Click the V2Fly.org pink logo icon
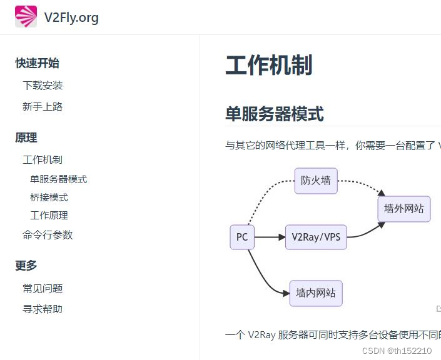click(x=26, y=17)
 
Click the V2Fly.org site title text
click(x=71, y=17)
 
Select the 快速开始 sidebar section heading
click(x=38, y=63)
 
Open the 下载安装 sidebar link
click(x=43, y=86)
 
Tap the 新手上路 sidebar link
click(x=43, y=107)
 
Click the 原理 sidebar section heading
click(x=26, y=137)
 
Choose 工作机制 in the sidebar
click(x=43, y=160)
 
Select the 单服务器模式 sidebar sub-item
click(x=59, y=179)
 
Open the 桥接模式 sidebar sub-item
click(x=49, y=197)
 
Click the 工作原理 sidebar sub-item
click(x=49, y=216)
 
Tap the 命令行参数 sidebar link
click(x=48, y=235)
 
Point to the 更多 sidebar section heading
click(x=26, y=266)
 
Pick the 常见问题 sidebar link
click(x=43, y=289)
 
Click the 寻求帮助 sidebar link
click(x=43, y=309)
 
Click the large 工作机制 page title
click(x=268, y=65)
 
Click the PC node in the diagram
click(x=242, y=237)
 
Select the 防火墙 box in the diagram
click(x=316, y=181)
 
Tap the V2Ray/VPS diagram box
click(x=316, y=237)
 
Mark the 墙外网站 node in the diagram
click(x=404, y=209)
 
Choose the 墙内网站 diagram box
click(x=316, y=293)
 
